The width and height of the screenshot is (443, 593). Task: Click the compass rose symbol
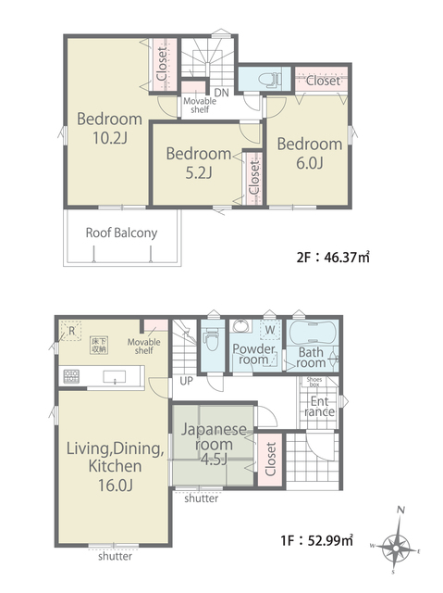pyautogui.click(x=396, y=548)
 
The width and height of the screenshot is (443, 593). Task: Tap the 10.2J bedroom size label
pyautogui.click(x=109, y=138)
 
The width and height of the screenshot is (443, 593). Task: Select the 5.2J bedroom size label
pyautogui.click(x=199, y=172)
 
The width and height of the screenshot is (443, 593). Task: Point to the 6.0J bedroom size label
pyautogui.click(x=310, y=163)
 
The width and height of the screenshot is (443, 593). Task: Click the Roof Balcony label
pyautogui.click(x=121, y=233)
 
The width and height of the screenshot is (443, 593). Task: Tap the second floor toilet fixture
pyautogui.click(x=269, y=80)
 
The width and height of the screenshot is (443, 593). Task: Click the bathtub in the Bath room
pyautogui.click(x=313, y=333)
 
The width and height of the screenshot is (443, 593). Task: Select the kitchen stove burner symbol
pyautogui.click(x=71, y=376)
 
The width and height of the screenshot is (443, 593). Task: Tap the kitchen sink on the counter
pyautogui.click(x=115, y=377)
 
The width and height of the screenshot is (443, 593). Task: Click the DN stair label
pyautogui.click(x=222, y=93)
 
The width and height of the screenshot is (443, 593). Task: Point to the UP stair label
pyautogui.click(x=187, y=381)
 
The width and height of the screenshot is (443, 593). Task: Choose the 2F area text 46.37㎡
pyautogui.click(x=333, y=258)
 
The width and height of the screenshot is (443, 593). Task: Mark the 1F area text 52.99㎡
pyautogui.click(x=317, y=540)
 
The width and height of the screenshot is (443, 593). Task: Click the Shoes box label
pyautogui.click(x=314, y=382)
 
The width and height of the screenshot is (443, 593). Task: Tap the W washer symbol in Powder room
pyautogui.click(x=270, y=330)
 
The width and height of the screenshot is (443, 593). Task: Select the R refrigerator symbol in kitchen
pyautogui.click(x=71, y=331)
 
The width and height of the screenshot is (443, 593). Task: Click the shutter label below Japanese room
pyautogui.click(x=201, y=498)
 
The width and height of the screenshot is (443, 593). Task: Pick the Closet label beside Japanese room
pyautogui.click(x=270, y=460)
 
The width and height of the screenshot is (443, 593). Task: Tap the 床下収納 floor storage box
pyautogui.click(x=99, y=346)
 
